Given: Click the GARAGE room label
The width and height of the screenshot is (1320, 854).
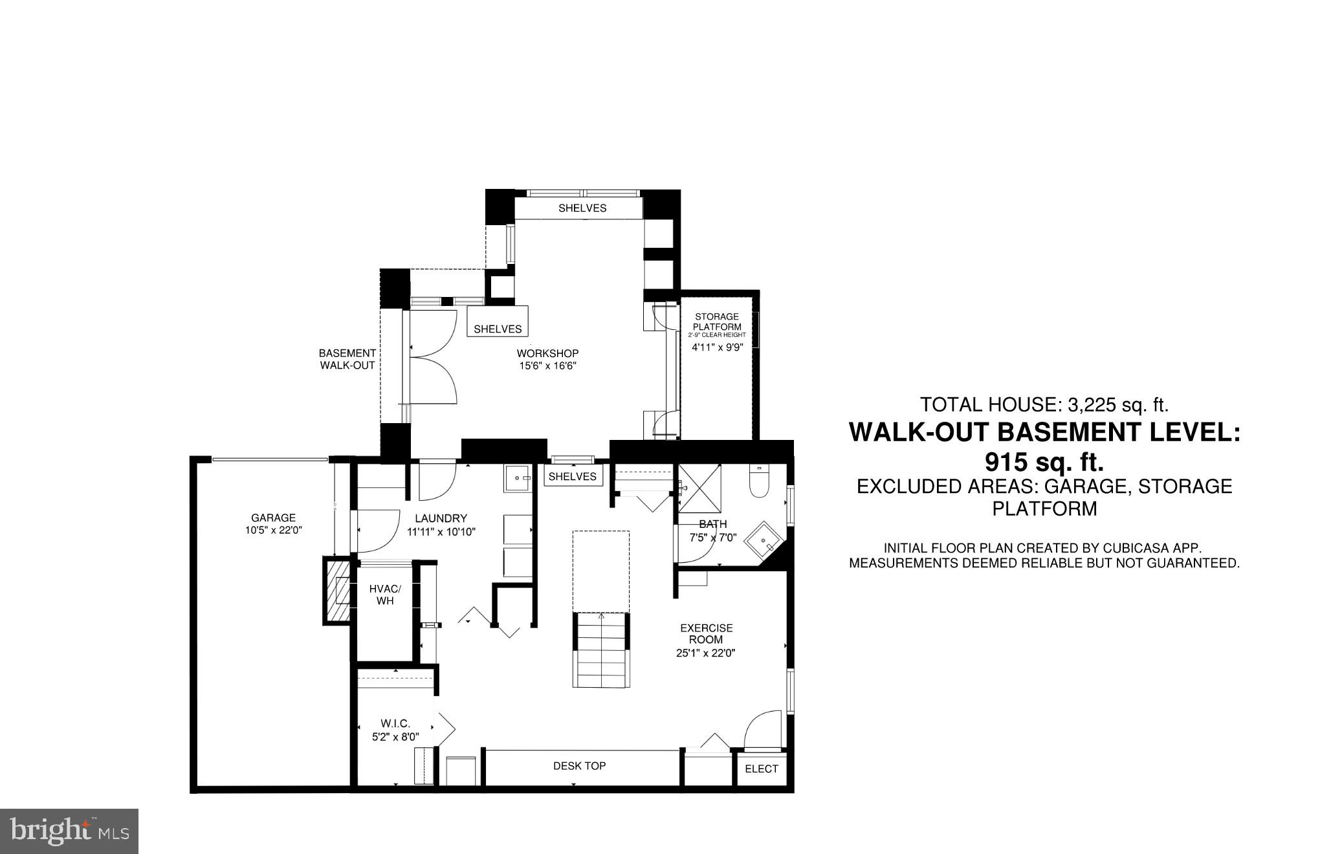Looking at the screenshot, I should (x=273, y=518).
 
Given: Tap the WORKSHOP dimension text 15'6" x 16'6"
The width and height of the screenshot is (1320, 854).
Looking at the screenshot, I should (x=547, y=366).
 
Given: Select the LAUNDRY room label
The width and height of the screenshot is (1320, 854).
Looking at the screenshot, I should (x=441, y=518).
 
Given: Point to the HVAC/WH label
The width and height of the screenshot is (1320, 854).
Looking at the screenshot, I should (x=385, y=595).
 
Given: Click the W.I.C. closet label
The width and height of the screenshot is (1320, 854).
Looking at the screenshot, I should (x=395, y=724).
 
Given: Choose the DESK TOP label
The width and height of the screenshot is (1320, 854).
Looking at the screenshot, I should (x=579, y=766).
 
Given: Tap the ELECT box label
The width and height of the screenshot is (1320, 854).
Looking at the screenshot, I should (x=761, y=769).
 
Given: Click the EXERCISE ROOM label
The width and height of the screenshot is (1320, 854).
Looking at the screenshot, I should (x=706, y=633).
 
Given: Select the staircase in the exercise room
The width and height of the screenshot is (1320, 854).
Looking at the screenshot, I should (x=601, y=650).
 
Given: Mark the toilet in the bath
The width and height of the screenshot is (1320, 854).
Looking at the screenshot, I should (x=759, y=482).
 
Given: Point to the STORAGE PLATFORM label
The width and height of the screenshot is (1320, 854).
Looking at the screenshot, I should (x=716, y=322).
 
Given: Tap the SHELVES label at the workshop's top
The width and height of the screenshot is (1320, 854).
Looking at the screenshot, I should (x=582, y=208).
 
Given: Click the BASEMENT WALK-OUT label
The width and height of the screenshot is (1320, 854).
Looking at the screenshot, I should (x=347, y=359).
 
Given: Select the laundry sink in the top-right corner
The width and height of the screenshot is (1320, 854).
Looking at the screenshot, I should (x=518, y=479).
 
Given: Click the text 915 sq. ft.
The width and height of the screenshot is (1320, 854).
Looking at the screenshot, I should (x=1044, y=462).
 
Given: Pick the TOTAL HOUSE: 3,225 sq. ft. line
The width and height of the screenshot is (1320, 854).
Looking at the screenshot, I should (x=1044, y=405).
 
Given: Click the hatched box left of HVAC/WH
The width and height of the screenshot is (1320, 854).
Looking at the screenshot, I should (x=338, y=592).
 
